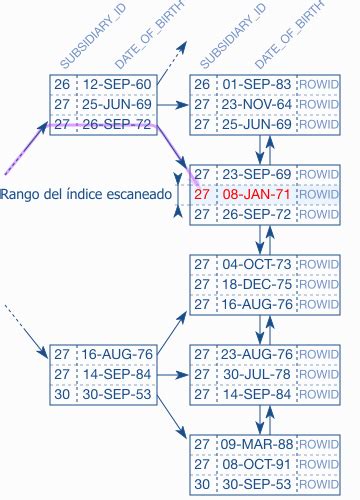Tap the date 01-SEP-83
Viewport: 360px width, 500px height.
coord(255,84)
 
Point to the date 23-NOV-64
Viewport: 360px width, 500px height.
coord(255,104)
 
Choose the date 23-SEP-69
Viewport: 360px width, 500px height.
coord(255,173)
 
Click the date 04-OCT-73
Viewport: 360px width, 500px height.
coord(255,263)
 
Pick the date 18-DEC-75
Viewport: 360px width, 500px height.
coord(255,283)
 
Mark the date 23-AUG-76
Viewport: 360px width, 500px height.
coord(255,353)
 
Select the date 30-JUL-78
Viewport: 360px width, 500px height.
coord(255,373)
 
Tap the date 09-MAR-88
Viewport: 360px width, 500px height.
coord(255,443)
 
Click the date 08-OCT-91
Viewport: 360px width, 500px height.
coord(255,463)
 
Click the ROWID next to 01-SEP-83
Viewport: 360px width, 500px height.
coord(319,84)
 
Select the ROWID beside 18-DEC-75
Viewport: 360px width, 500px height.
coord(319,283)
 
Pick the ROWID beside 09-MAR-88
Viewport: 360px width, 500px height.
coord(319,443)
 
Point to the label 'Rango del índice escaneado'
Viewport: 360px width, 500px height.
coord(87,194)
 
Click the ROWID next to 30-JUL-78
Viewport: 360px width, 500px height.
coord(319,373)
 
